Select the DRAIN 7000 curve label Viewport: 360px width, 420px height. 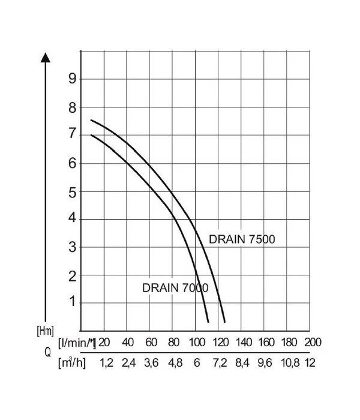[175, 287]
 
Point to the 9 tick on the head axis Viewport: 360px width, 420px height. [73, 79]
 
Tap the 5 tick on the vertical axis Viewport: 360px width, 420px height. [73, 191]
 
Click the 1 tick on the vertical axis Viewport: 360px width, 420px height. [73, 302]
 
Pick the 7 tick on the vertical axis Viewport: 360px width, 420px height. [73, 135]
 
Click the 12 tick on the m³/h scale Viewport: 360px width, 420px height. [311, 363]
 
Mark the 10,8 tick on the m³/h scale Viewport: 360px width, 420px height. [287, 363]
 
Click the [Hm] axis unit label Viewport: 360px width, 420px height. [46, 329]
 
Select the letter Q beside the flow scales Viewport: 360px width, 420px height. [47, 353]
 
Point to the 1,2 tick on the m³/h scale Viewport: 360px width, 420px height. [106, 363]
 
